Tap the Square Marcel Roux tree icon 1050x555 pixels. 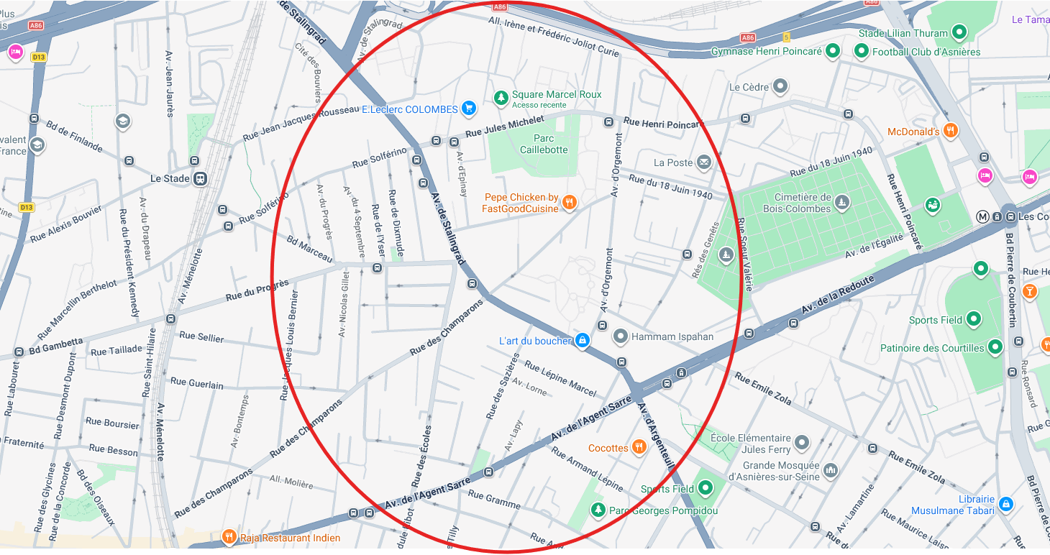[501, 96]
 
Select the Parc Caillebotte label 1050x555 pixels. [544, 144]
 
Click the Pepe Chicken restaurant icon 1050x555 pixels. [570, 202]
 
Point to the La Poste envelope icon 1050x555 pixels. [703, 162]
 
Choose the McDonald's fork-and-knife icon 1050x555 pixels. [951, 131]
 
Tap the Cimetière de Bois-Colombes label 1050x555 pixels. [803, 203]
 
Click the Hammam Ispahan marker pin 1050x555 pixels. [620, 336]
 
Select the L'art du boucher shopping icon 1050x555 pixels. [583, 340]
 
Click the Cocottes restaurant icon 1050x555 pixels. [639, 447]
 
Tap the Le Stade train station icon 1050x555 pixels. [201, 178]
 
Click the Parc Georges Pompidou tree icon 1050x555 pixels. [597, 510]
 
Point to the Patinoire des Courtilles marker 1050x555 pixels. [995, 347]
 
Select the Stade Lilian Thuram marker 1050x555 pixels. [959, 32]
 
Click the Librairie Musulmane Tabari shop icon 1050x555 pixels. [1006, 505]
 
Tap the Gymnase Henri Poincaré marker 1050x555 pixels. [833, 51]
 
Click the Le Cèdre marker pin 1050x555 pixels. [780, 87]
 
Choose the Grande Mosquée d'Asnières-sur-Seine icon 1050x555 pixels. [831, 470]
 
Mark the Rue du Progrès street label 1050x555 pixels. [257, 290]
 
